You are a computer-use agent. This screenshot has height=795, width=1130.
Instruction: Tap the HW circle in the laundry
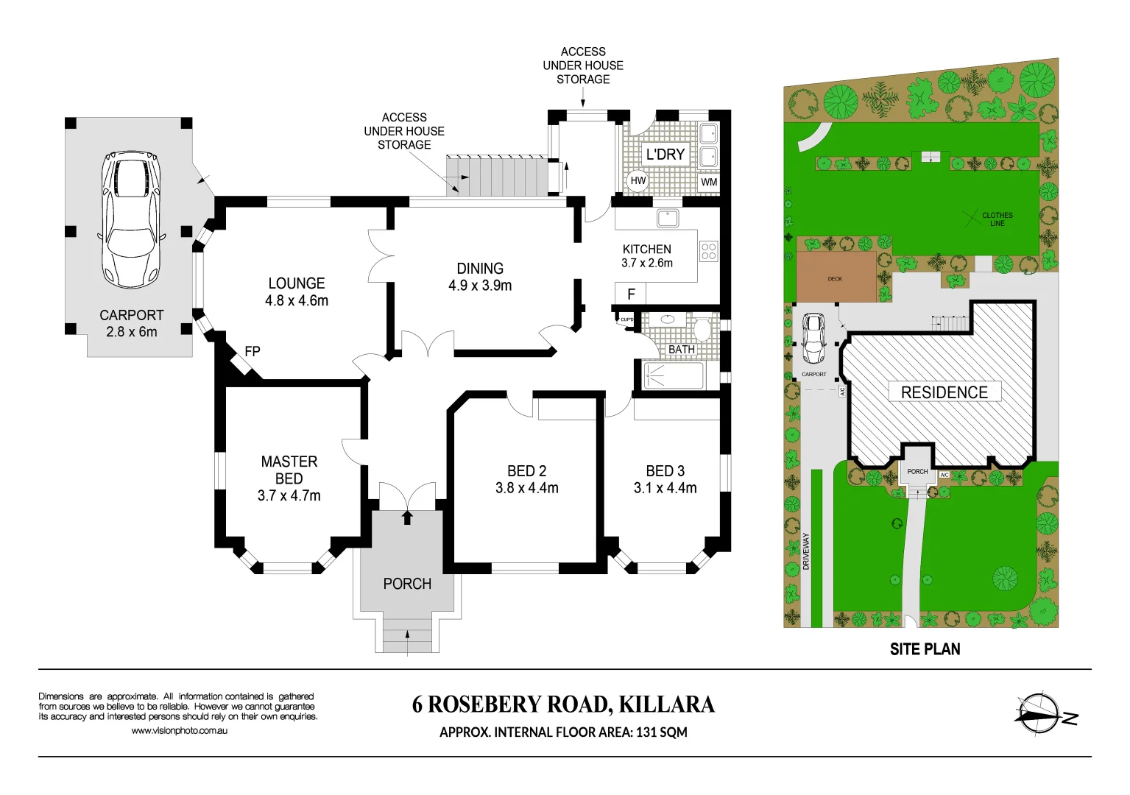coord(638,180)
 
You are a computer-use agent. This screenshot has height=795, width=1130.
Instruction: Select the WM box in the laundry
coord(708,182)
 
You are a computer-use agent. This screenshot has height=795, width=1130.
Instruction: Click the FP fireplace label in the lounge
coord(252,352)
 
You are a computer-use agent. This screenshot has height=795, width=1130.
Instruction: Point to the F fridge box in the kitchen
coord(631,294)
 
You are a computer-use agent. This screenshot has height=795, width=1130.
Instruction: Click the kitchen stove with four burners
coord(708,251)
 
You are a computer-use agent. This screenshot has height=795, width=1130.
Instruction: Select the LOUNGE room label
coord(296,283)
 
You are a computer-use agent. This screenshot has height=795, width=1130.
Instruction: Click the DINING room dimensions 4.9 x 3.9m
coord(480,286)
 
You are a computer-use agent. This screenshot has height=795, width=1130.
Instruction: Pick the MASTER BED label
coord(289,470)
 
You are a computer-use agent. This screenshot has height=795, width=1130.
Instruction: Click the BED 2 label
coord(526,471)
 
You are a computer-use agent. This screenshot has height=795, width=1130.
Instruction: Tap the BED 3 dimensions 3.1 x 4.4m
coord(665,488)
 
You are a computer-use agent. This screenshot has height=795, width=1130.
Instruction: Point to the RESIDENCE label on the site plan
coord(944,392)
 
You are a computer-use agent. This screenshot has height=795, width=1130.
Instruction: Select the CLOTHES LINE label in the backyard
coord(997,219)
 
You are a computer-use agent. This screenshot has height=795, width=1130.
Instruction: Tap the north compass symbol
coord(1039,713)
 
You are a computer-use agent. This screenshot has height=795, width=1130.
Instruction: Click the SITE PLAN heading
coord(925,649)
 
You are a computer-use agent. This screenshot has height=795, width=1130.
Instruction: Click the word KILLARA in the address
coord(666,704)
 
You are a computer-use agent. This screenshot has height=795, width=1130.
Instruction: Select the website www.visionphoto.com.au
coord(179,731)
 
